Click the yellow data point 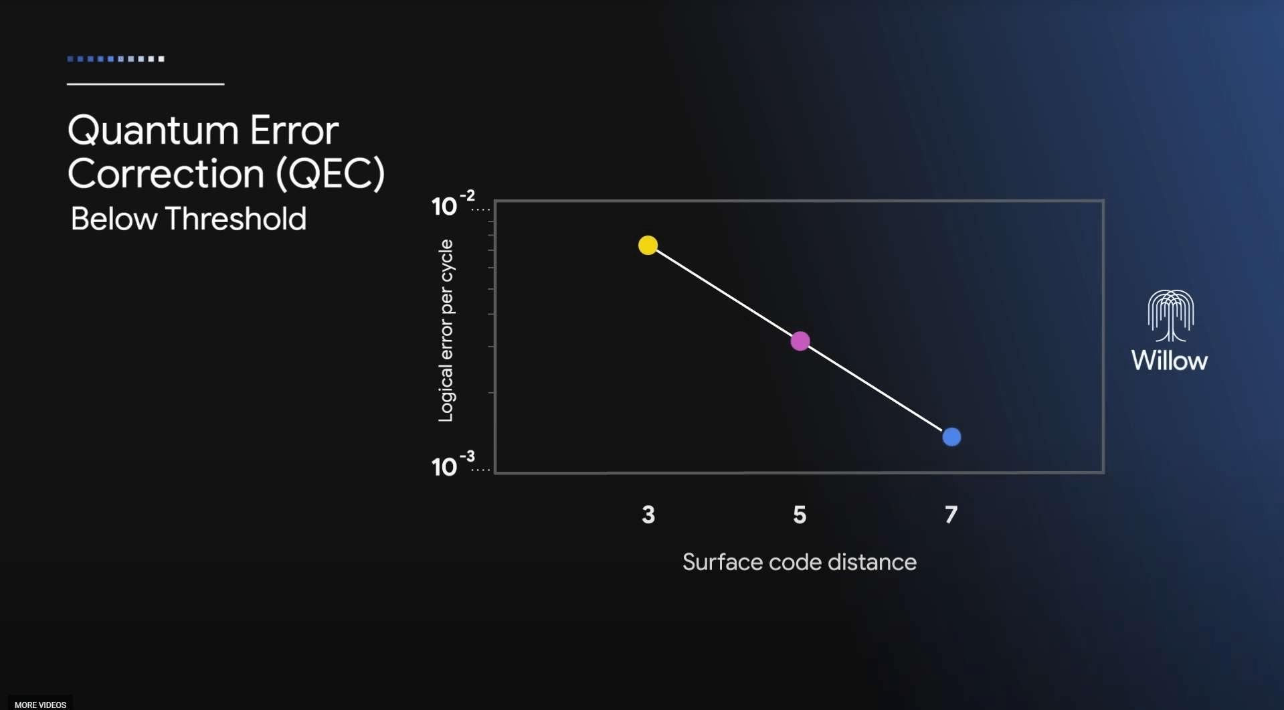click(x=648, y=245)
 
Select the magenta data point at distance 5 click(x=800, y=341)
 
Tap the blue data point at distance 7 click(x=951, y=437)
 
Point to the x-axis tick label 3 click(x=648, y=515)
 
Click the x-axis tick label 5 click(x=800, y=515)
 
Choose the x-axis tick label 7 click(x=951, y=515)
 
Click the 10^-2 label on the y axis click(x=452, y=204)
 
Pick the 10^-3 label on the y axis click(x=452, y=465)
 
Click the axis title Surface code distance click(x=799, y=562)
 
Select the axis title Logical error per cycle click(x=446, y=331)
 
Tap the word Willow click(x=1169, y=361)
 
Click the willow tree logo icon click(x=1170, y=315)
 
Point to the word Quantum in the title click(x=153, y=131)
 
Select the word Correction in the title click(x=166, y=174)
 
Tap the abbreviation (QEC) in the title click(x=331, y=174)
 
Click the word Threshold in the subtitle click(x=236, y=219)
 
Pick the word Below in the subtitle click(x=114, y=219)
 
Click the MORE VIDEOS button click(x=40, y=705)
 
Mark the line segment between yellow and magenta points click(x=724, y=293)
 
